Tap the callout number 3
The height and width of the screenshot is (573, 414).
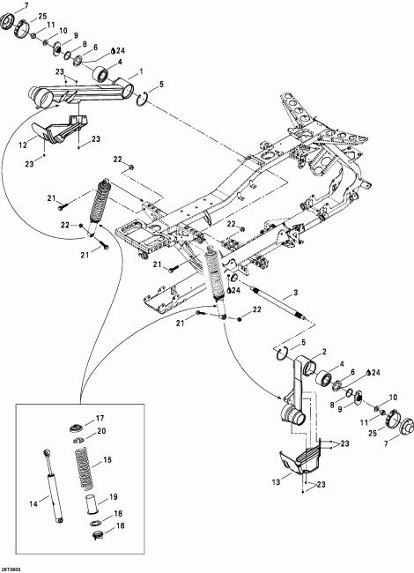coord(296,292)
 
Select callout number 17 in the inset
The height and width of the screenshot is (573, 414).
coord(100,418)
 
